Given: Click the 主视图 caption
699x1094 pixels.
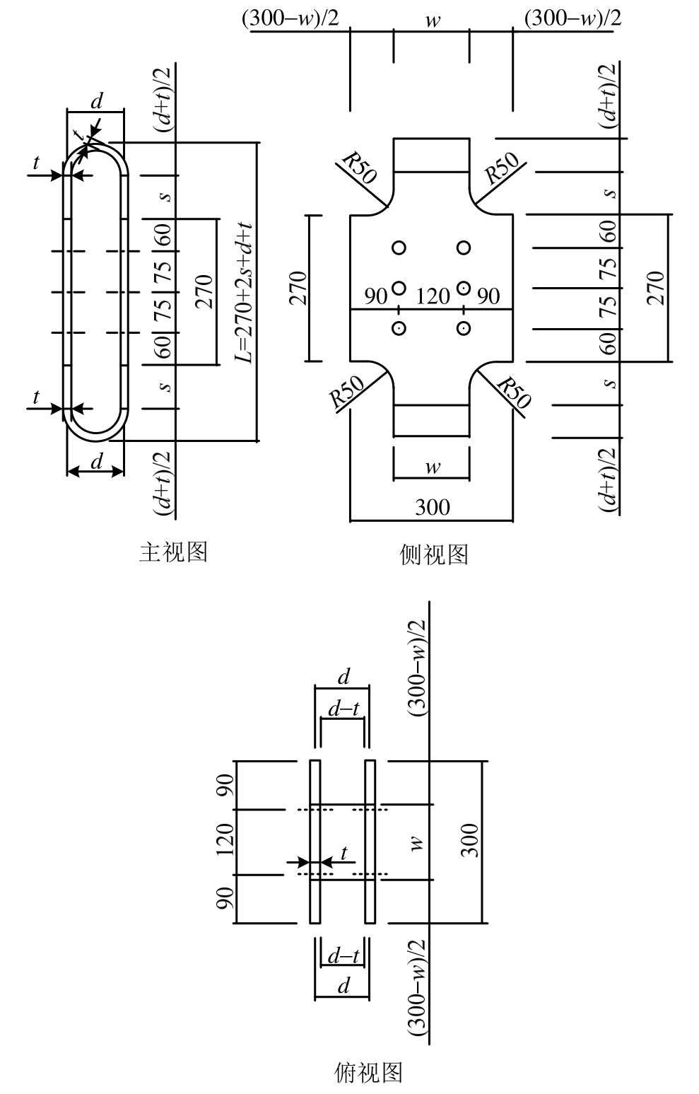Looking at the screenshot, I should click(173, 552).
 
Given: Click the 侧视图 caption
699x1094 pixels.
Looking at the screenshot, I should click(434, 554).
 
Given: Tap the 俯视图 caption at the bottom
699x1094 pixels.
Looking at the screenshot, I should click(368, 1073).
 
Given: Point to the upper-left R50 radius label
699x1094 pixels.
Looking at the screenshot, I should click(358, 168).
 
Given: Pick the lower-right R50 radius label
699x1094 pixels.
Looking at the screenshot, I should click(514, 393).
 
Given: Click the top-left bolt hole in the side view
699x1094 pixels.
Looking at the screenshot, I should click(399, 248).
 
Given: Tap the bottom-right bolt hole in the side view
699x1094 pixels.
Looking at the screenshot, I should click(464, 328).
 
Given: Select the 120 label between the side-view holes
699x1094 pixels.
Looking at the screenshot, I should click(433, 295).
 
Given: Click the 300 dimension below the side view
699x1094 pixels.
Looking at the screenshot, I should click(432, 507).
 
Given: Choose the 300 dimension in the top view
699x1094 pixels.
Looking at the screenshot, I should click(469, 840).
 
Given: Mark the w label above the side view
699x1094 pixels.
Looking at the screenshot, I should click(433, 21).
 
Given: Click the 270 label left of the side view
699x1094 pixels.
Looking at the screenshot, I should click(298, 288).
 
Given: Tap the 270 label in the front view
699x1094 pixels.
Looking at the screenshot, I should click(203, 291).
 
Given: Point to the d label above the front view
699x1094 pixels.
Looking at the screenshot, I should click(97, 101).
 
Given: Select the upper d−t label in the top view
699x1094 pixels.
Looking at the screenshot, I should click(343, 709).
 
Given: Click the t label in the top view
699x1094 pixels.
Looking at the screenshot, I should click(344, 854).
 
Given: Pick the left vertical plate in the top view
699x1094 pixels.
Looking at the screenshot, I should click(315, 842).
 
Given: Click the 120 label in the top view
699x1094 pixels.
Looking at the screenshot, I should click(225, 841).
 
